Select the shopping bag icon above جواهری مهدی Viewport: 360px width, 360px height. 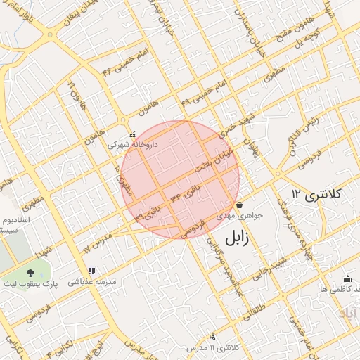240,205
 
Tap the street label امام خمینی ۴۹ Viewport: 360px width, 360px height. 204,94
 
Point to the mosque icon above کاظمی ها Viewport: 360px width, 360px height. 347,278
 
